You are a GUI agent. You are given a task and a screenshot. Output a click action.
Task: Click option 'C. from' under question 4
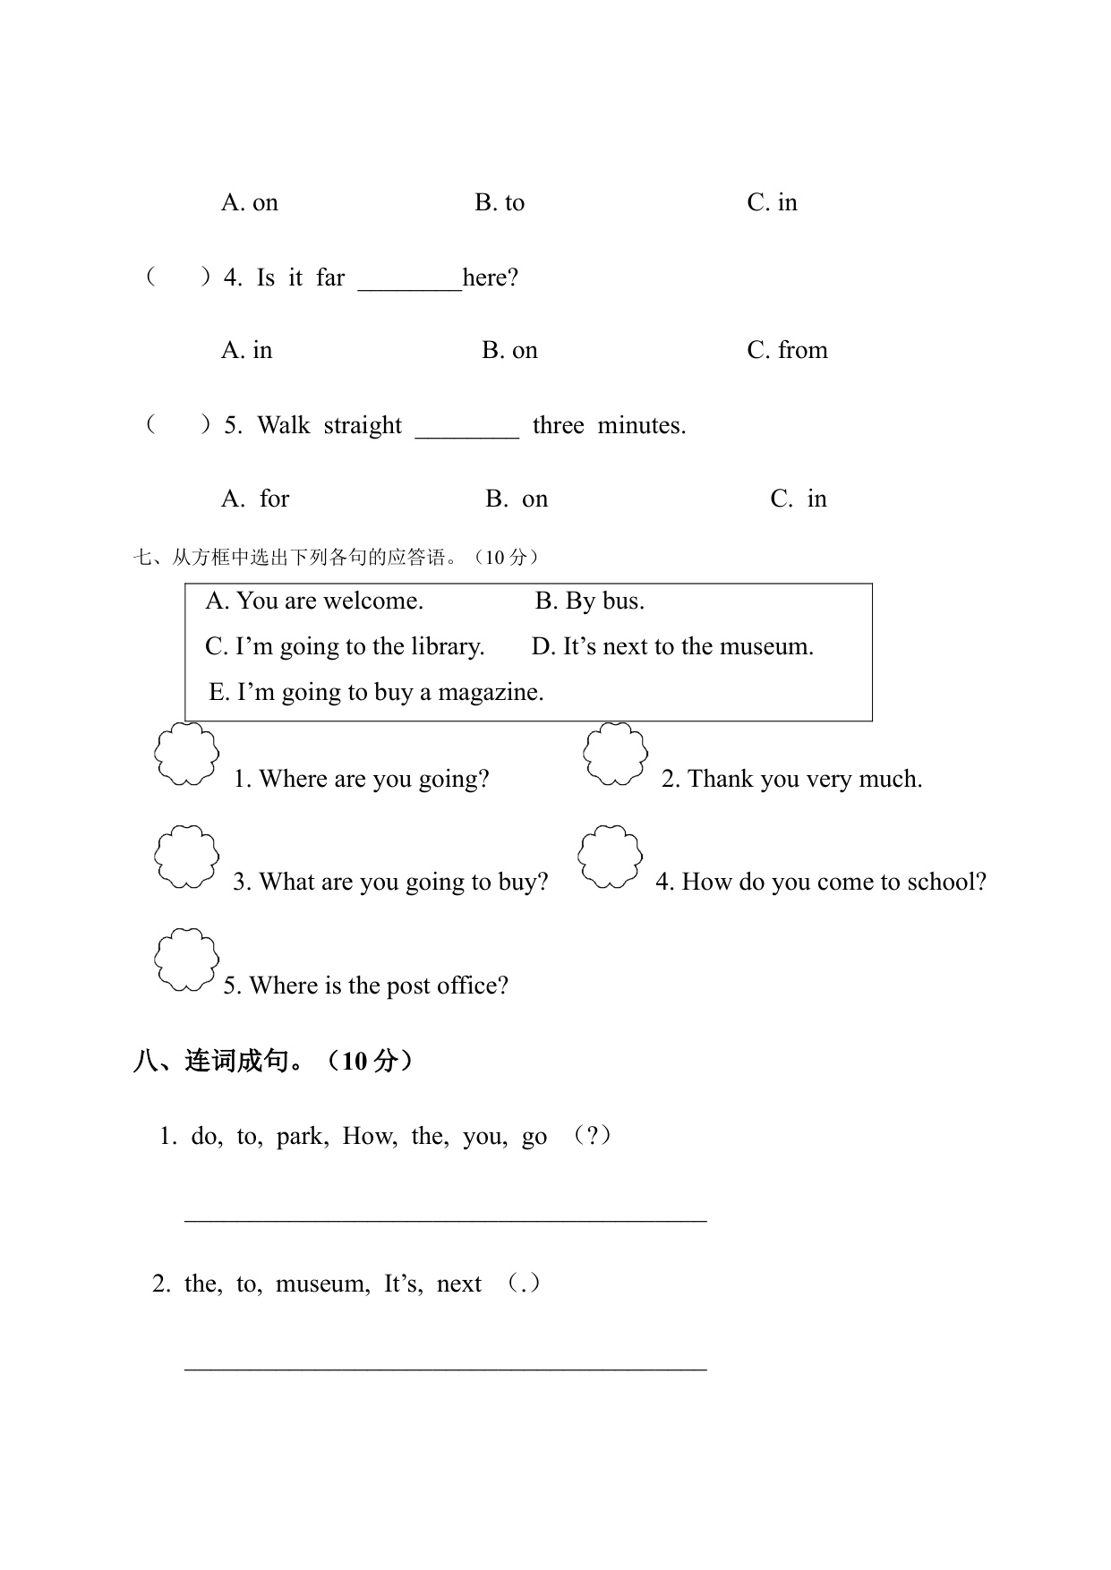pos(787,350)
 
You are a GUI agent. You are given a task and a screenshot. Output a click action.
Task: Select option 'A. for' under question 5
pos(255,499)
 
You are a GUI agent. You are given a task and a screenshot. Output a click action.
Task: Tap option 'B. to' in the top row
pos(500,202)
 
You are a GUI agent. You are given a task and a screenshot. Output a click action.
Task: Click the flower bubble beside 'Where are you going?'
pos(186,755)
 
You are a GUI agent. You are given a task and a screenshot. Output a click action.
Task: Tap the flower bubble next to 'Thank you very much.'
pos(615,755)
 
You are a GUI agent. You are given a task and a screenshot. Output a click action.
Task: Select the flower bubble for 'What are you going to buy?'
pos(186,858)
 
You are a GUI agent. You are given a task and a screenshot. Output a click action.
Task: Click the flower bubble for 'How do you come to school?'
pos(610,858)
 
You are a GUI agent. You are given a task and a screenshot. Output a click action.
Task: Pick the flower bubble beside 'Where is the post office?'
pos(186,960)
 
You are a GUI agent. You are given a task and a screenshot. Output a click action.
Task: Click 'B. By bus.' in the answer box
pos(589,601)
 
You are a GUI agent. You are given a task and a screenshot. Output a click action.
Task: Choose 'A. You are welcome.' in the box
pos(314,601)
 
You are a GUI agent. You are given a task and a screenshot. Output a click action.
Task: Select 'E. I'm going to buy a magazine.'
pos(376,692)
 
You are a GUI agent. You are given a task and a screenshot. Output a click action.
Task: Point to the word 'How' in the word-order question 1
pos(368,1137)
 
